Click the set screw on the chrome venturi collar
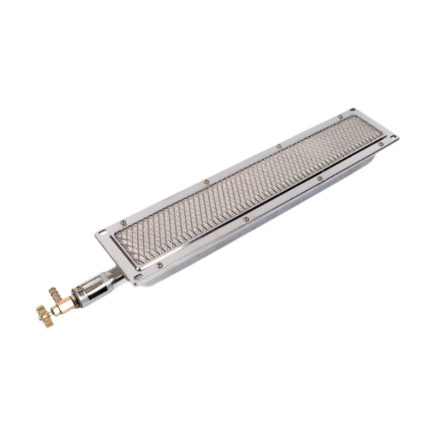(x=79, y=288)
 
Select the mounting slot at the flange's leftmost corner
(x=102, y=232)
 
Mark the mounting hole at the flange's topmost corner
(x=352, y=110)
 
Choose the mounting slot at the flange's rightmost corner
(x=391, y=139)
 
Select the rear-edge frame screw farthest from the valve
(x=340, y=117)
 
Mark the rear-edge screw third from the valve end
(x=279, y=146)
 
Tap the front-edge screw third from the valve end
(x=320, y=179)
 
